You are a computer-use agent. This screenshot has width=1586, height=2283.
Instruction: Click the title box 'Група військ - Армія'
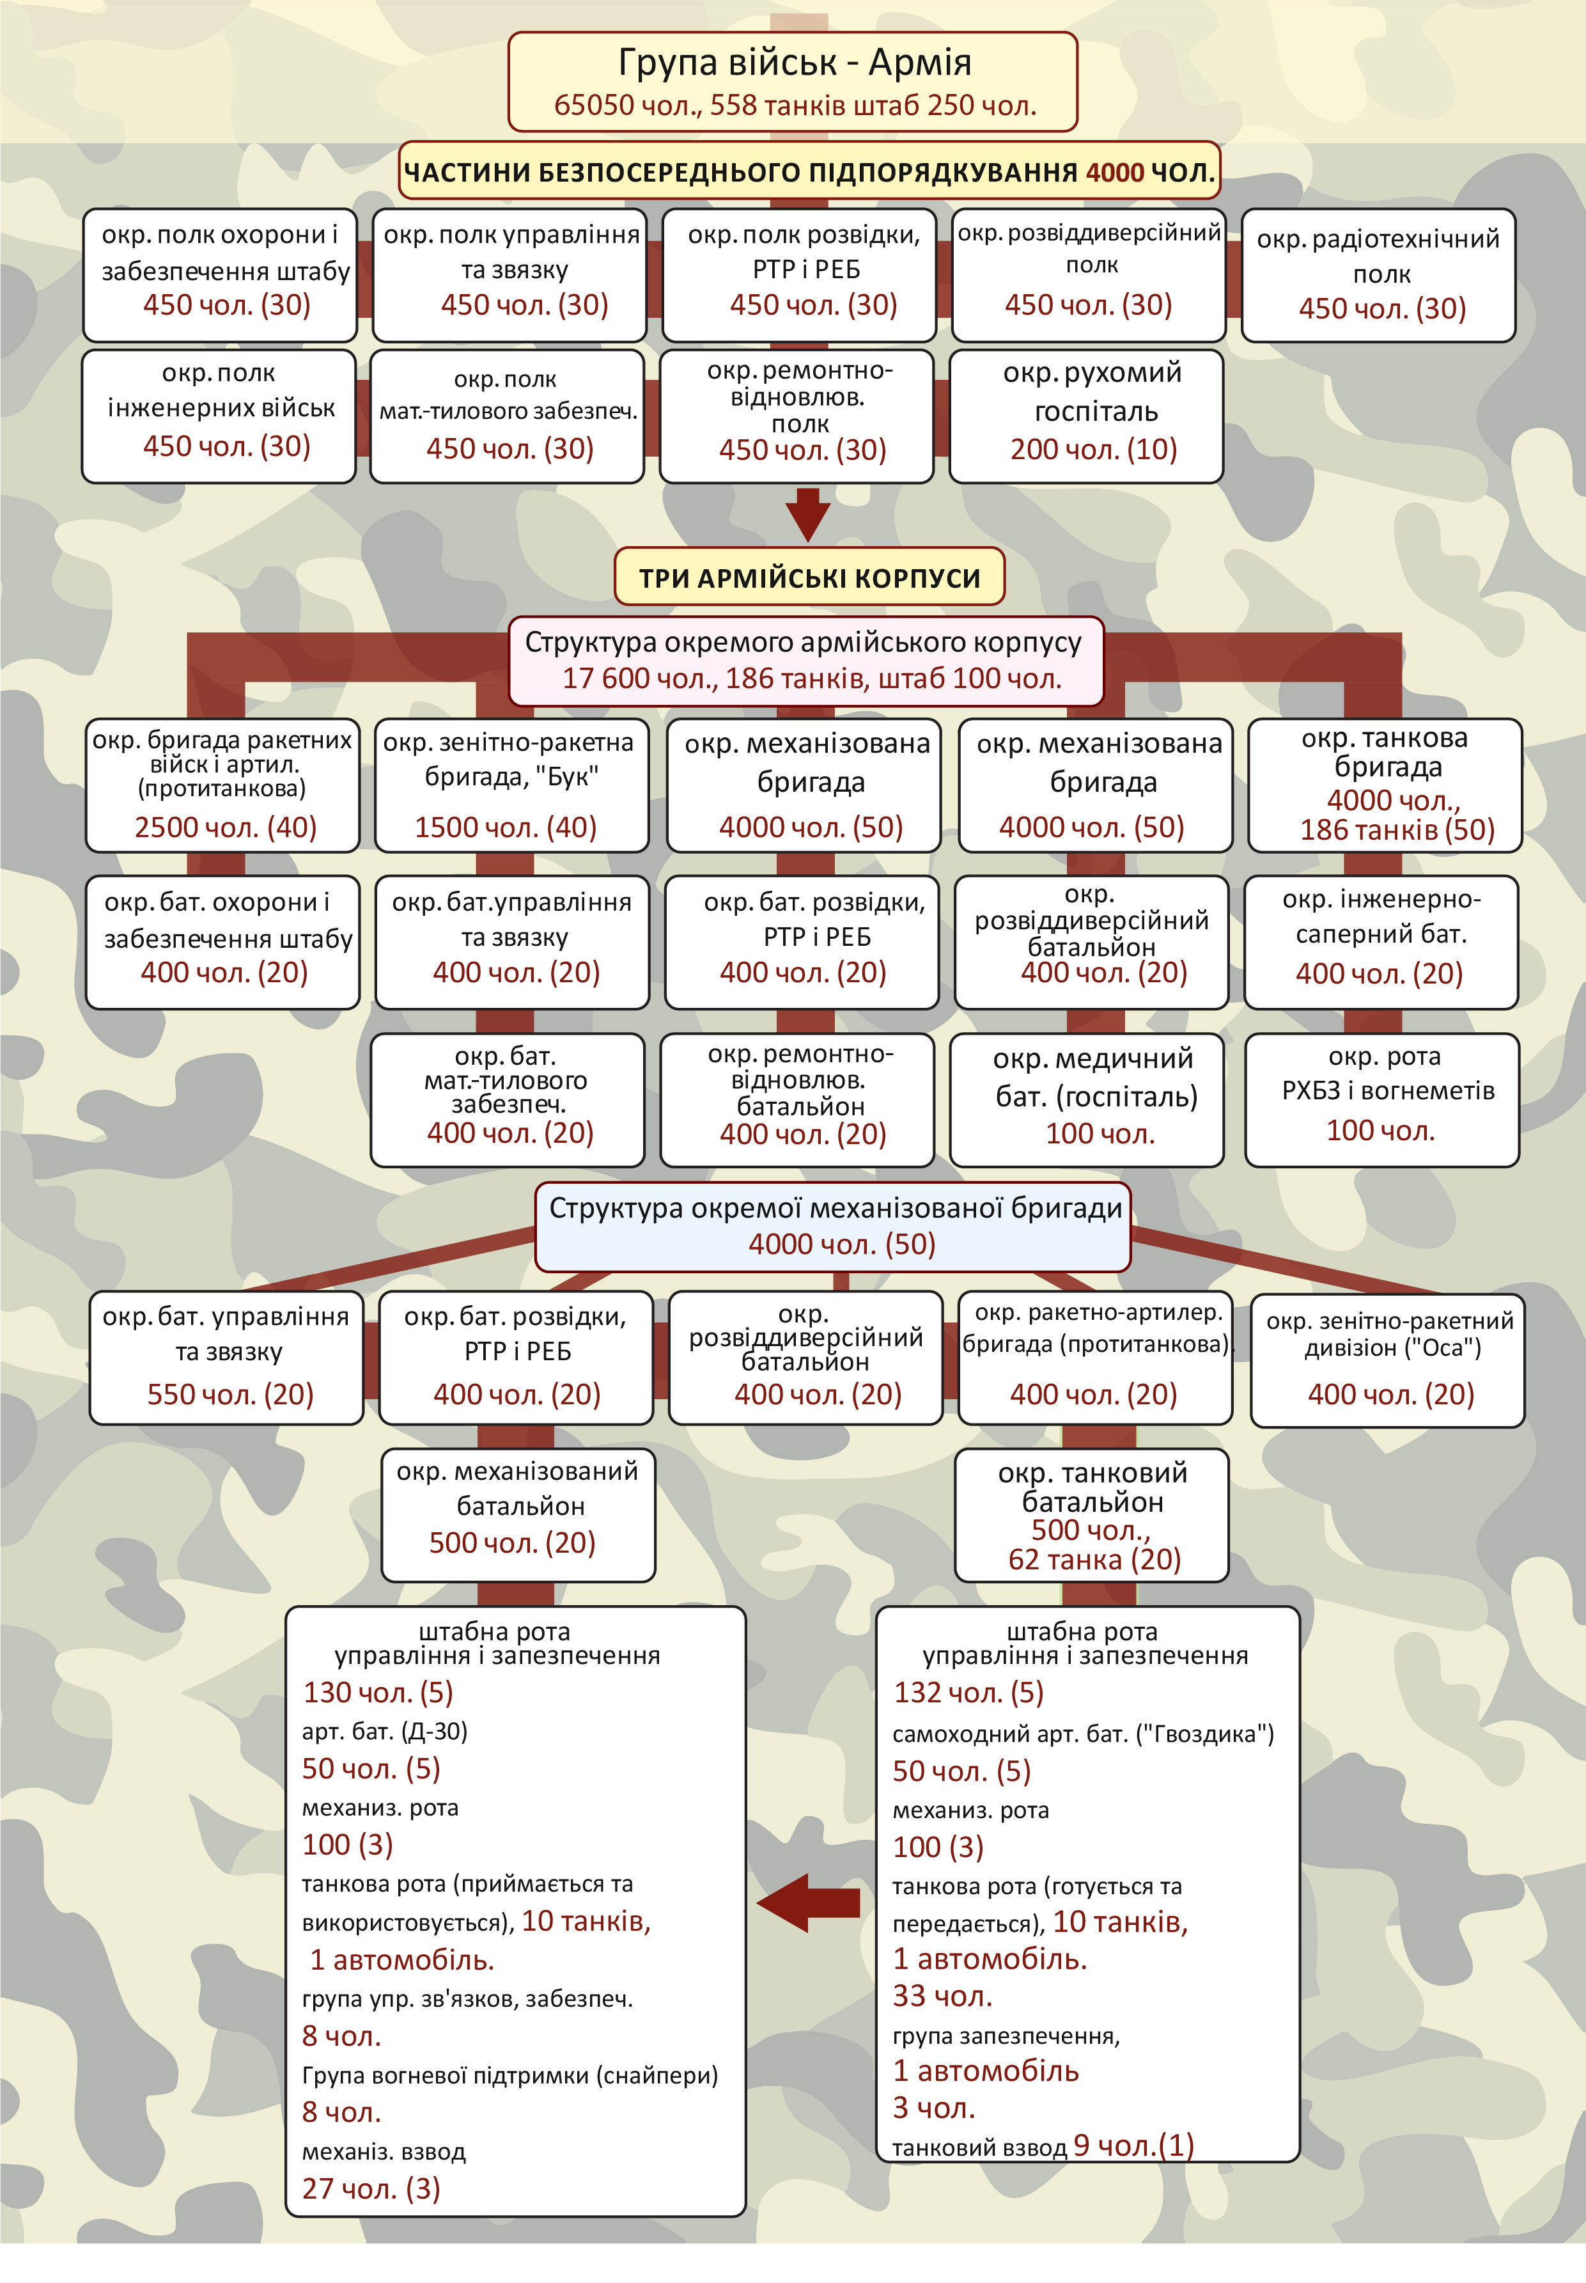(792, 81)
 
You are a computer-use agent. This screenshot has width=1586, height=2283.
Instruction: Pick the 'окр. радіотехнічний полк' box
(1378, 274)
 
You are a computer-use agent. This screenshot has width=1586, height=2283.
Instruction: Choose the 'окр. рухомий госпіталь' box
(1085, 416)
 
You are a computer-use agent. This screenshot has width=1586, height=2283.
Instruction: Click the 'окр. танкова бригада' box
(1384, 785)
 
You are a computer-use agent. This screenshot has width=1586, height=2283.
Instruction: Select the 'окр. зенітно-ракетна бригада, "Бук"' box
(511, 785)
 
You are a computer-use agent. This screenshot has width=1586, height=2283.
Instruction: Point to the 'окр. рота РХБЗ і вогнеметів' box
(1381, 1099)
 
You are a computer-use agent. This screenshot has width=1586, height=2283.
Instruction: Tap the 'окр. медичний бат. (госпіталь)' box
(1086, 1099)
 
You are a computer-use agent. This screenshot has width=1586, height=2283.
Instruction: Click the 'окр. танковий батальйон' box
(1091, 1516)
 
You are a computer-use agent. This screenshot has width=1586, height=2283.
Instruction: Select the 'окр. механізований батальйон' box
(518, 1515)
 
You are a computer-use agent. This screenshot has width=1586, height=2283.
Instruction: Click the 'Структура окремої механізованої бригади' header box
(833, 1225)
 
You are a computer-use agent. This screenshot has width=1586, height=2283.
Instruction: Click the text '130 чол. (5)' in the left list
(378, 1691)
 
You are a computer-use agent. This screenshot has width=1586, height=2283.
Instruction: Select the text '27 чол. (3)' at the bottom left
(371, 2188)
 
